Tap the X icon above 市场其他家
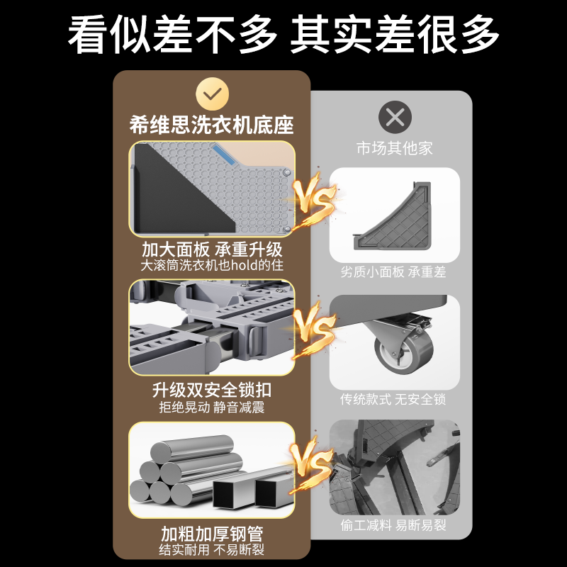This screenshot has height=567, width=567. [x=395, y=117]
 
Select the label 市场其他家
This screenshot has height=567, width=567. [x=395, y=149]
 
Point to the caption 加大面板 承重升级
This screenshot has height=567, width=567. [x=212, y=249]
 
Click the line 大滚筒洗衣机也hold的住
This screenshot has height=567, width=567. [x=212, y=266]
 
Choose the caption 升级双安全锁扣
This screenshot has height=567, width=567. [x=212, y=391]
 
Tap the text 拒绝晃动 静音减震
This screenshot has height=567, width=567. [x=212, y=408]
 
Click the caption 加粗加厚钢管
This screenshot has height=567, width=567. [x=212, y=533]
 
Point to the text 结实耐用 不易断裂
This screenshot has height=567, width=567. [x=212, y=549]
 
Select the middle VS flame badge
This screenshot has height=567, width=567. [x=314, y=330]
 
